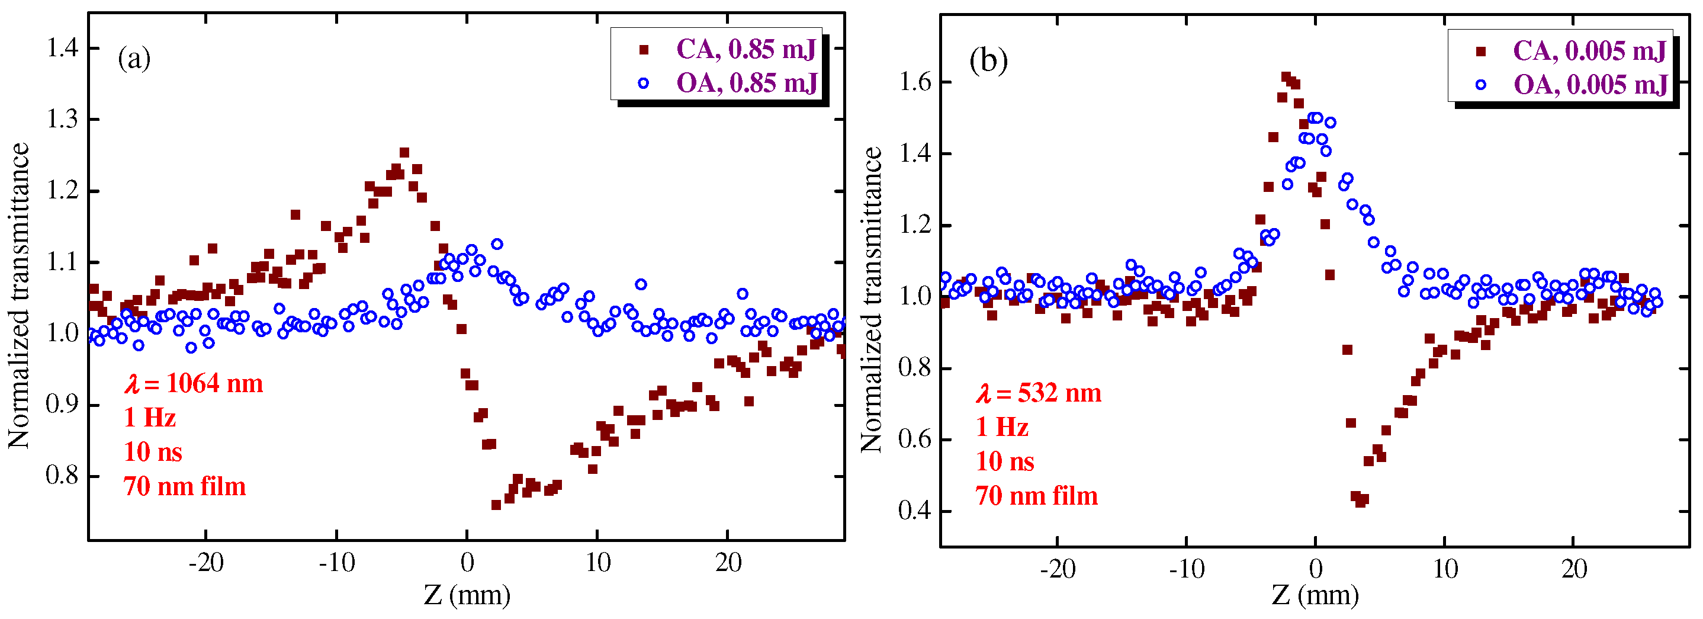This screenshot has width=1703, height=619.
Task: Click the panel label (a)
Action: [134, 59]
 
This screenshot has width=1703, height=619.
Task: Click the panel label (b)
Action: [988, 62]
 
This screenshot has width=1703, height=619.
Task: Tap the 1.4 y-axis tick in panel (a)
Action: [62, 47]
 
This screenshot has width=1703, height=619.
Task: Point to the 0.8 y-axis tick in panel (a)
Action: [62, 476]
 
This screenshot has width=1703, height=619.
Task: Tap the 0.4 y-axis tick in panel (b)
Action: [915, 511]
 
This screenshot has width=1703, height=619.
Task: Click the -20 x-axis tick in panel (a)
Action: [206, 563]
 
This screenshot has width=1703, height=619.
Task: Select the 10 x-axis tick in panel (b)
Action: [1445, 569]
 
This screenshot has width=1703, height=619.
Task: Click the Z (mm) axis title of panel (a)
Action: [467, 595]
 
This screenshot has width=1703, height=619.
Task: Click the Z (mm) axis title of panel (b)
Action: [1315, 595]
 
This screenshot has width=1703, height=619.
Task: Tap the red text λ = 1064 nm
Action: [194, 384]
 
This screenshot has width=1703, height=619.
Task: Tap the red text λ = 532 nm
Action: [1039, 393]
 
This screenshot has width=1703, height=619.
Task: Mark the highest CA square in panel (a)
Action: [404, 153]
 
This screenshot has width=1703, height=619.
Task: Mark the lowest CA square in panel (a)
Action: [496, 505]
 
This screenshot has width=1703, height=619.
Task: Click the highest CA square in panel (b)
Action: [1286, 78]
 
